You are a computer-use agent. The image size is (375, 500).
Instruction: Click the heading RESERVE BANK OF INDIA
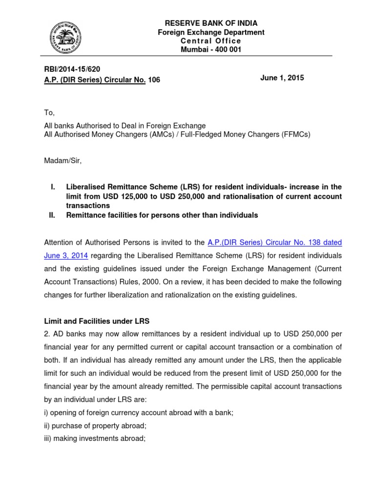tap(211, 23)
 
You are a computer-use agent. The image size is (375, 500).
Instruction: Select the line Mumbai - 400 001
tap(211, 50)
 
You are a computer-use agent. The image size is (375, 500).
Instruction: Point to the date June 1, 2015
tap(283, 78)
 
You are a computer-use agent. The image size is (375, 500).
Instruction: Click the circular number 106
tap(154, 80)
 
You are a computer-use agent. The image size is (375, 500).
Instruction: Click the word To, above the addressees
tap(49, 113)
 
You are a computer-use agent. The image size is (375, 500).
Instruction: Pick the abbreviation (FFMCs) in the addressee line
tap(292, 134)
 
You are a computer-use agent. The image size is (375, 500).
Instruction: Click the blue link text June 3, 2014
tap(66, 255)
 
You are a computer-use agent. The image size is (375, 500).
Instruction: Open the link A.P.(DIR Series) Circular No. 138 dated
tap(274, 242)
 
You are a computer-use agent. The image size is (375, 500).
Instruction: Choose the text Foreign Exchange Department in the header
tap(211, 32)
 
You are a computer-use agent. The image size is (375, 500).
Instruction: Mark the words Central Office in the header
tap(211, 41)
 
